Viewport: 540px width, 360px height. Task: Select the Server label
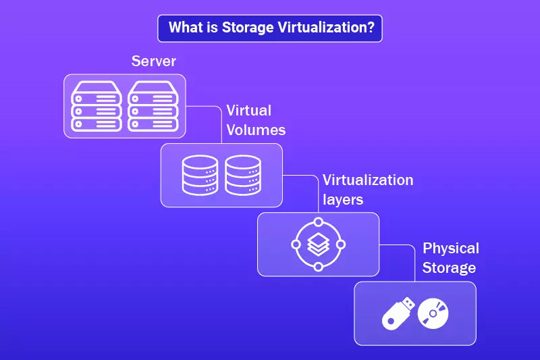tap(153, 61)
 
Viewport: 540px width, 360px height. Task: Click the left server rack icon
tap(96, 105)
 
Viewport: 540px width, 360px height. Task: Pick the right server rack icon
tap(153, 105)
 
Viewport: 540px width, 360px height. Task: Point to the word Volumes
tap(256, 130)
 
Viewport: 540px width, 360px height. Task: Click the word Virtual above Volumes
tap(248, 111)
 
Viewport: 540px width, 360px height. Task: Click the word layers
tap(343, 200)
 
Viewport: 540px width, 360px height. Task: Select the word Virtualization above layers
tap(367, 181)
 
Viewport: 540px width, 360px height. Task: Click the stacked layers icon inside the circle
tap(318, 244)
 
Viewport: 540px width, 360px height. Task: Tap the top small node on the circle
tap(318, 222)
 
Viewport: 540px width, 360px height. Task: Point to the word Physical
tap(450, 249)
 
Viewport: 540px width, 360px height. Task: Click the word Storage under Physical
tap(449, 267)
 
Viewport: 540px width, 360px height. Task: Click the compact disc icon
tap(433, 313)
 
